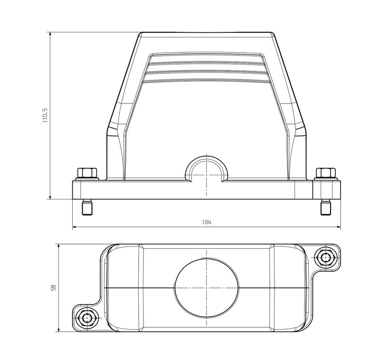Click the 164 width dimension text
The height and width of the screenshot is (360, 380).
[206, 222]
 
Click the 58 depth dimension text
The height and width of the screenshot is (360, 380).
[54, 288]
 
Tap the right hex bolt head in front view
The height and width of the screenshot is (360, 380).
[325, 173]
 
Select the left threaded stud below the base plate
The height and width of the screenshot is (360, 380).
[87, 208]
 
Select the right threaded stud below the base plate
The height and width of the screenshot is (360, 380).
[325, 208]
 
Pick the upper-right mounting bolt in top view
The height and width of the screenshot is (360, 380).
[325, 257]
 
